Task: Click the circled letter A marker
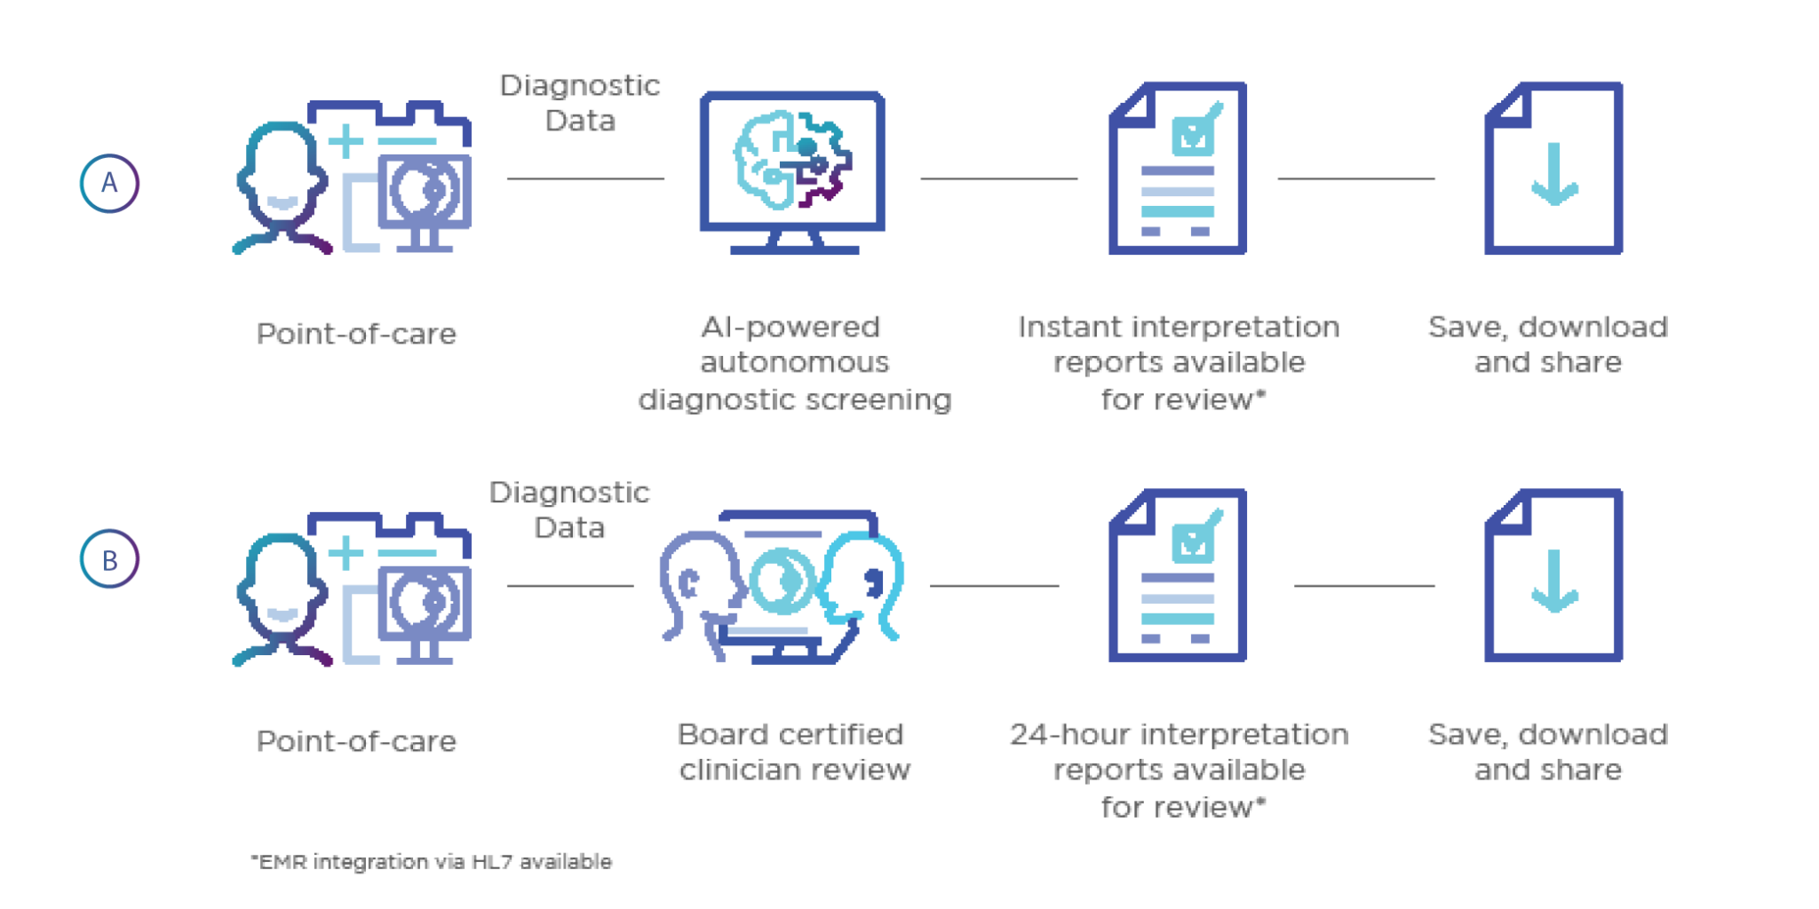(109, 183)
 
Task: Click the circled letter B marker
(109, 560)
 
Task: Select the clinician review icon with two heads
(781, 587)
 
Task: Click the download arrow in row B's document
(1553, 581)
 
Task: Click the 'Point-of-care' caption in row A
(357, 335)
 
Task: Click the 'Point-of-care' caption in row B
(357, 741)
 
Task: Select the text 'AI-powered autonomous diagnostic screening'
(794, 363)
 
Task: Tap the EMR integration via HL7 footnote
(432, 862)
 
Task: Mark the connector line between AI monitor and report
(999, 178)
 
